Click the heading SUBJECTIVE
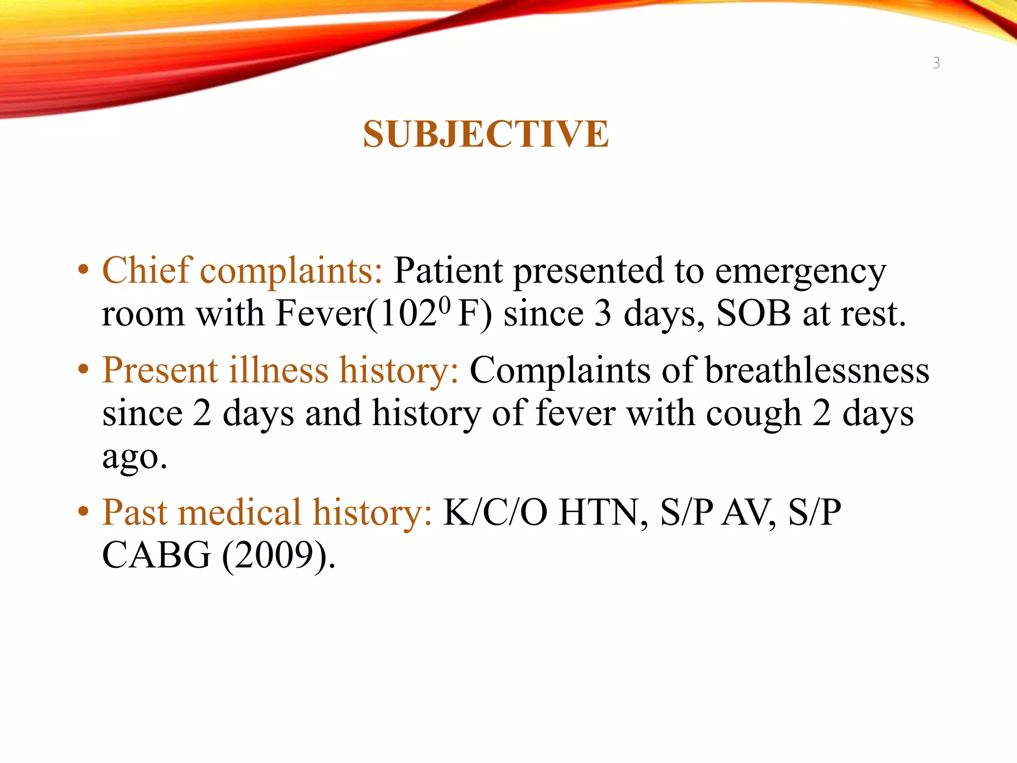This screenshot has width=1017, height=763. [x=486, y=135]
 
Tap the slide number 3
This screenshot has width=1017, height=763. [x=936, y=63]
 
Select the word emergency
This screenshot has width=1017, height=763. [x=800, y=273]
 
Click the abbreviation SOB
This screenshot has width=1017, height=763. [x=754, y=314]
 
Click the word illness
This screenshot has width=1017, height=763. [x=278, y=371]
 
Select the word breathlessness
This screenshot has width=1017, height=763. [x=817, y=371]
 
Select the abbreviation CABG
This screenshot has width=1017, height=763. [x=156, y=555]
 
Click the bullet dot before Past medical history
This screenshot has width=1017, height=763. [x=83, y=512]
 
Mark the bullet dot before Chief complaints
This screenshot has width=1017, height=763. [x=83, y=271]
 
